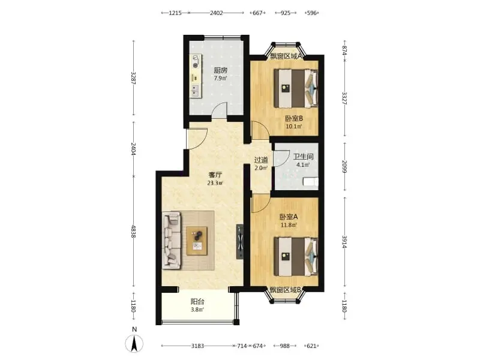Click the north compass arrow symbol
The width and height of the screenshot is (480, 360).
pos(134,343)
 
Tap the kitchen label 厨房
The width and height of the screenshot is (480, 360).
pos(220,70)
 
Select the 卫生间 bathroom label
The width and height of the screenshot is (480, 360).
pos(303,157)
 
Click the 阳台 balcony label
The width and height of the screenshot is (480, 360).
pos(197,302)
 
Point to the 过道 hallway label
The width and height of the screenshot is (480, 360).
pos(261,160)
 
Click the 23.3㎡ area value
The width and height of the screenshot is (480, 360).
pos(215,184)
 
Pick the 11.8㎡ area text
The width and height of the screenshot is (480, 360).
pos(289,226)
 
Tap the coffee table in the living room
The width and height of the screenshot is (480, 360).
pos(197,241)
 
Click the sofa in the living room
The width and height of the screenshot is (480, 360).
pos(172,241)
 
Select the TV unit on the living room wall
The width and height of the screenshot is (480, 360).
pos(240,242)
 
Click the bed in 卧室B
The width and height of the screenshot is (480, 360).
pos(296,88)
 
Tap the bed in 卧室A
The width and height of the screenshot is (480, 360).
pos(296,257)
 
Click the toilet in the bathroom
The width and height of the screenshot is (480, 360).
pos(311,182)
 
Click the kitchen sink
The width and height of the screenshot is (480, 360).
pos(194,90)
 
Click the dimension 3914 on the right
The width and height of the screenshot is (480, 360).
pos(344,242)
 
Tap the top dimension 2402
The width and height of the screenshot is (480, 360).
pos(217,13)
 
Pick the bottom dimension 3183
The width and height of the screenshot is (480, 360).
pos(197,346)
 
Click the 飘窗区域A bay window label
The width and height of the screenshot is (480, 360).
pos(286,56)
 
